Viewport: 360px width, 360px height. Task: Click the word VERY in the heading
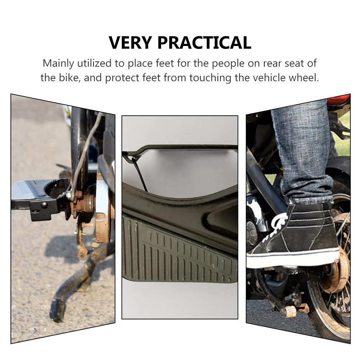pos(131,43)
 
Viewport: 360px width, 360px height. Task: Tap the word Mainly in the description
pos(57,64)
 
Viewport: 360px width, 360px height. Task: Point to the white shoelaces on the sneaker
pos(278,225)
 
